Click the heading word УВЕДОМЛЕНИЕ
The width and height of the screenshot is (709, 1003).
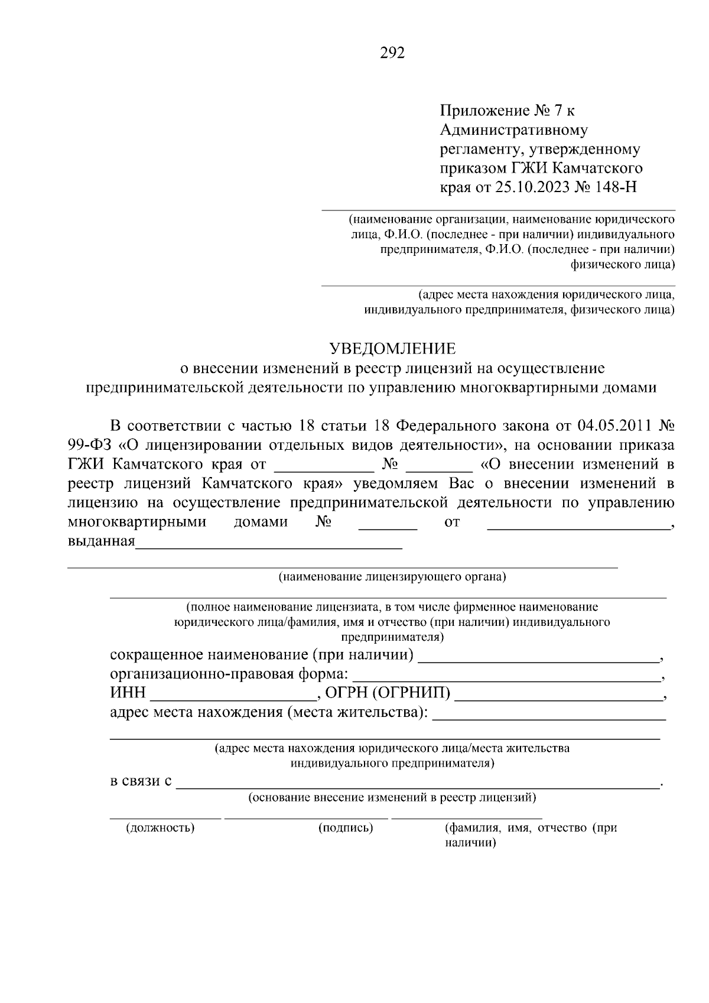(392, 348)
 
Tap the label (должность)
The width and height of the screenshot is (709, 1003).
(160, 827)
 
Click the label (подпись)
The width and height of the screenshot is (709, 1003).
(346, 827)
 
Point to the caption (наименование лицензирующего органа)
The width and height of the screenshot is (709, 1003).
(392, 577)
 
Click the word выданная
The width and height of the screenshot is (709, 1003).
(102, 541)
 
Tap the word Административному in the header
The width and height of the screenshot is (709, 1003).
(513, 129)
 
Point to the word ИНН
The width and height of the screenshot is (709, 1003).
(128, 693)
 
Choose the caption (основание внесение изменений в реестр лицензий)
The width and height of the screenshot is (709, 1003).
(392, 798)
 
